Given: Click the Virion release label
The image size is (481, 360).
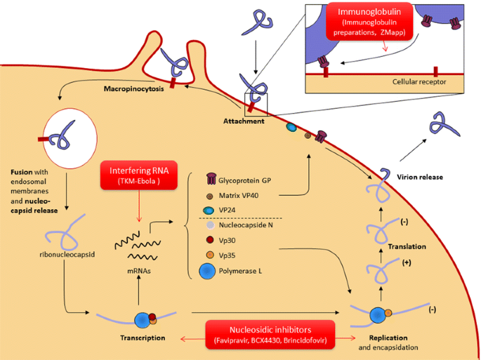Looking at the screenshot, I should pos(420,178).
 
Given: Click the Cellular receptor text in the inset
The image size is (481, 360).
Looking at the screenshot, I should pos(419,82).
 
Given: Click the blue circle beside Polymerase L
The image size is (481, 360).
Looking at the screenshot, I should pos(208,271).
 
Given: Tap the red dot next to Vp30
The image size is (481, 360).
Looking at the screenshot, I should pos(209,239).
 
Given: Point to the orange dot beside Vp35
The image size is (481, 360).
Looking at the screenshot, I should pos(209,253).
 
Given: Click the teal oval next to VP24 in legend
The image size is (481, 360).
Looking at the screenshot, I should pos(209,210).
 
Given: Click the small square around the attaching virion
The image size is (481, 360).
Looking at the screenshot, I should pos(256,103).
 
